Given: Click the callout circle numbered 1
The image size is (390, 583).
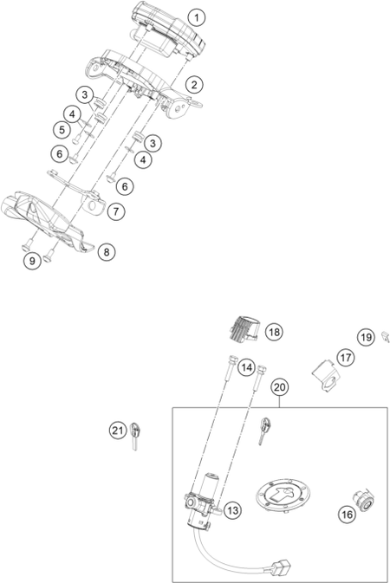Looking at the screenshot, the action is pos(196,17).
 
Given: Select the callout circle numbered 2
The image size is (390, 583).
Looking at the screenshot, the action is pos(194,84).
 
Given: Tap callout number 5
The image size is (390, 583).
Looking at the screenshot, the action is pos(62,130).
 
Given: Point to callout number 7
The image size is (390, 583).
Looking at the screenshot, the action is pos(116,211).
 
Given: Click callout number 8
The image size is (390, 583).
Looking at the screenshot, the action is pos(107,252).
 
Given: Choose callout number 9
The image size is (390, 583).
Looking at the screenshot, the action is pos(32,261).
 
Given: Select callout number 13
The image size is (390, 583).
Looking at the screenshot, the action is pos(232,510).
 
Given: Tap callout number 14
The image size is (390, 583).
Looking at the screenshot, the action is pos(246,367).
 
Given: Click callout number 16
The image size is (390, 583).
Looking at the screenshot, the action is pos(347,515).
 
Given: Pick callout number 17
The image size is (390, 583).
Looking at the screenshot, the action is pos(346,358).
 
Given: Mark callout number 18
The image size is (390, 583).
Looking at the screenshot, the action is pos(274,332).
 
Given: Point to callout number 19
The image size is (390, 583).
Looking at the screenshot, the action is pos(367,337).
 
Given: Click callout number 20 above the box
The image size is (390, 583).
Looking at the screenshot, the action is pos(279,387).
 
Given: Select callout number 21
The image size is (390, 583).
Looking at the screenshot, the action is pos(118,431).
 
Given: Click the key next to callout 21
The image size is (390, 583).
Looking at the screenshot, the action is pos(136,436).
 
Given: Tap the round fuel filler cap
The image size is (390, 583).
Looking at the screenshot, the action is pos(283,496).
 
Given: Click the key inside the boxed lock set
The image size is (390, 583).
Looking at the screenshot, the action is pos(264,431).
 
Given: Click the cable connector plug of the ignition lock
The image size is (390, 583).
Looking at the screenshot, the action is pos(282,567).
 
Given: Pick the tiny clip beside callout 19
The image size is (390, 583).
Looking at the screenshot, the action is pos(385,337).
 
